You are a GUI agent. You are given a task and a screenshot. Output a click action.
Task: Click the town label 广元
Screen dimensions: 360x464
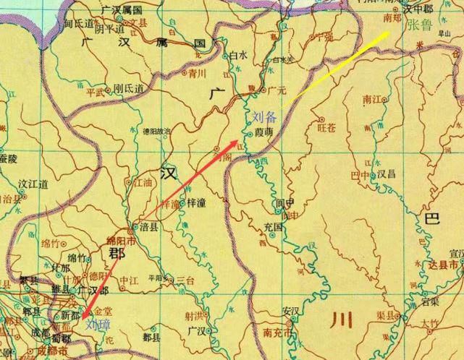click(x=277, y=92)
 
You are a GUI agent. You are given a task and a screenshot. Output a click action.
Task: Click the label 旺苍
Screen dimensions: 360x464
click(x=327, y=128)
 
